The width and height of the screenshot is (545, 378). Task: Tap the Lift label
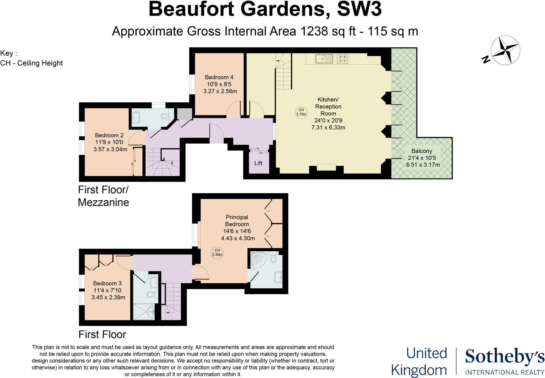tap(258, 163)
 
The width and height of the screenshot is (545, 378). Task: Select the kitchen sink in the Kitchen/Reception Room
tap(324, 59)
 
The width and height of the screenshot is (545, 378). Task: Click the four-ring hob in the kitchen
tap(342, 59)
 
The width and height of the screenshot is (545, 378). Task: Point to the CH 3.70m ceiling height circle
tap(301, 112)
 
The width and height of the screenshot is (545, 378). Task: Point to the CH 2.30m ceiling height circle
tap(217, 252)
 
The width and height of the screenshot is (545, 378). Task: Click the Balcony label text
tap(422, 151)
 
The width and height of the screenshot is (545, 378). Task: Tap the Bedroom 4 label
tap(219, 77)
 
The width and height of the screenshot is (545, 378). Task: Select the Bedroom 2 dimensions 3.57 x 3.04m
tap(110, 149)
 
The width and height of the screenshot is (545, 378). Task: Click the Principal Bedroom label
tap(237, 221)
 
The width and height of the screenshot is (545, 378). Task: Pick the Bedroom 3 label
tap(107, 283)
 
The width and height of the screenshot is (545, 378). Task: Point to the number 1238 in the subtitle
tap(314, 31)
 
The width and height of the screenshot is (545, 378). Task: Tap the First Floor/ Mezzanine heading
tap(103, 196)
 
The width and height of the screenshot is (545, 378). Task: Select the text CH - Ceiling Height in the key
tap(31, 63)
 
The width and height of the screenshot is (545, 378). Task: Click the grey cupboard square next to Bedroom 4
tap(185, 114)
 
